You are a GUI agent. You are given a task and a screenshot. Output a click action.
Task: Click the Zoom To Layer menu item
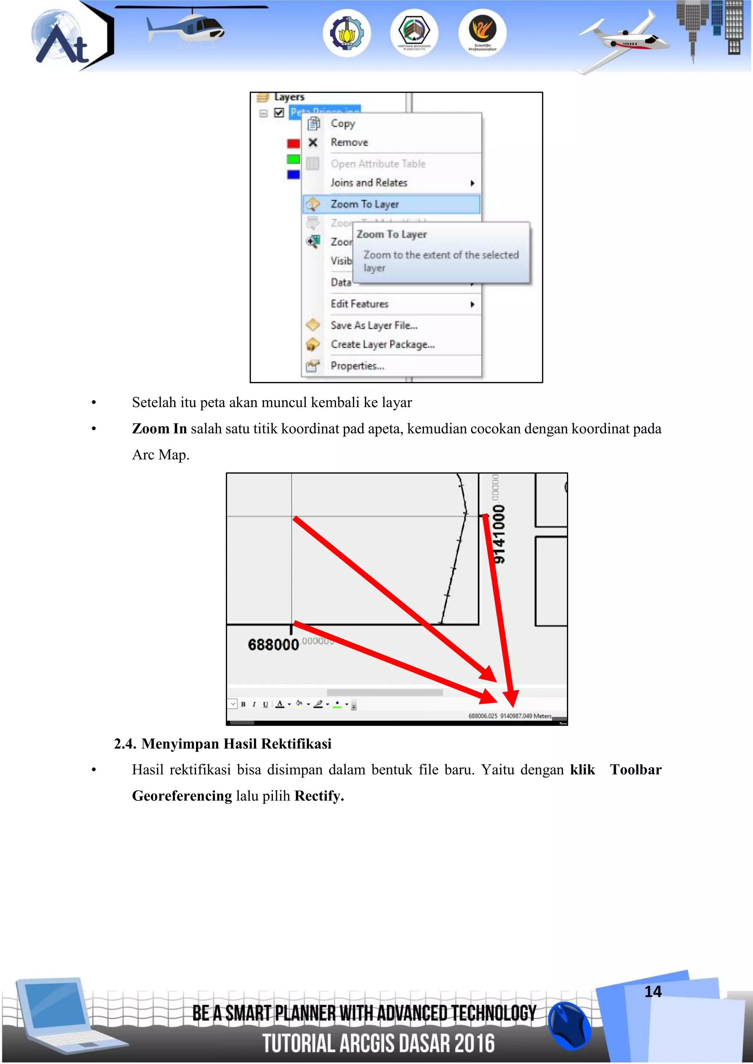364,204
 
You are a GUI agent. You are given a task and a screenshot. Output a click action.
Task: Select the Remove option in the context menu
349,142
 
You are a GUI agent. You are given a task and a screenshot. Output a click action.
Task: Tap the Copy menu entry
343,123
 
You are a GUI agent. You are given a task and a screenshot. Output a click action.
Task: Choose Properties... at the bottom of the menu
357,366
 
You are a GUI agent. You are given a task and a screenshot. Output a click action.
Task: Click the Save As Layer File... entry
374,325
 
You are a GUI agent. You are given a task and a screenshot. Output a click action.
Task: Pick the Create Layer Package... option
382,344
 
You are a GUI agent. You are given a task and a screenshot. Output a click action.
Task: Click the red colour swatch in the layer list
293,143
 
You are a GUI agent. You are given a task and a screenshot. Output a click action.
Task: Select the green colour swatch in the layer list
293,159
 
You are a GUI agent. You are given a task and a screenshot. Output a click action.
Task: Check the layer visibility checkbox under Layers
279,113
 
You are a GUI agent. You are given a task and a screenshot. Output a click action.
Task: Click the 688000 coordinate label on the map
273,645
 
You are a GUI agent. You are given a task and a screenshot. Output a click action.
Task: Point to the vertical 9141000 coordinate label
499,534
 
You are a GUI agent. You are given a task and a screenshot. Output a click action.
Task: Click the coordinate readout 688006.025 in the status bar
482,716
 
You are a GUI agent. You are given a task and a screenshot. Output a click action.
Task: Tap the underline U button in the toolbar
265,704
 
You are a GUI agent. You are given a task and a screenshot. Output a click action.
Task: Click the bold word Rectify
318,796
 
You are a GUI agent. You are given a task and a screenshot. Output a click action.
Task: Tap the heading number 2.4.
125,744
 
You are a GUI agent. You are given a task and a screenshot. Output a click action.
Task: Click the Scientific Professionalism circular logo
482,33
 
